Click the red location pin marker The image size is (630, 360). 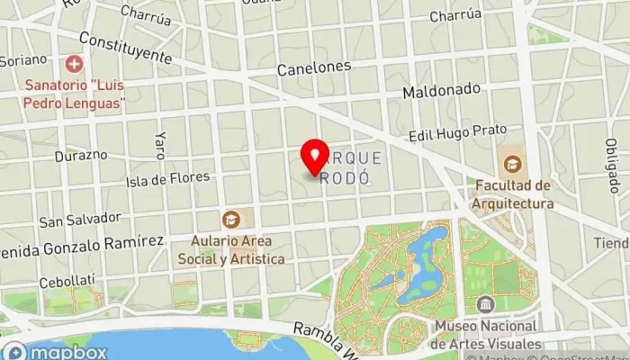tap(315, 157)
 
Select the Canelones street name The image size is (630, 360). tap(313, 67)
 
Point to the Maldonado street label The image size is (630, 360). tap(436, 92)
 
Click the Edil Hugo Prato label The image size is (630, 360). tap(457, 133)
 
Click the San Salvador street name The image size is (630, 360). tap(79, 219)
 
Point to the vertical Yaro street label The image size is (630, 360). tap(161, 143)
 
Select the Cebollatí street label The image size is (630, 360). tap(66, 282)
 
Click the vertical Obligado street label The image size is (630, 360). tap(612, 166)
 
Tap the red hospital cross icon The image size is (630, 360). tap(74, 64)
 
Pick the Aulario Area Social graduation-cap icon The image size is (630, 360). tap(231, 219)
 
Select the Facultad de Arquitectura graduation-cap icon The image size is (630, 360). tap(512, 164)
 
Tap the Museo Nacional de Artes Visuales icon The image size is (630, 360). tap(486, 304)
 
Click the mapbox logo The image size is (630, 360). tap(56, 352)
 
